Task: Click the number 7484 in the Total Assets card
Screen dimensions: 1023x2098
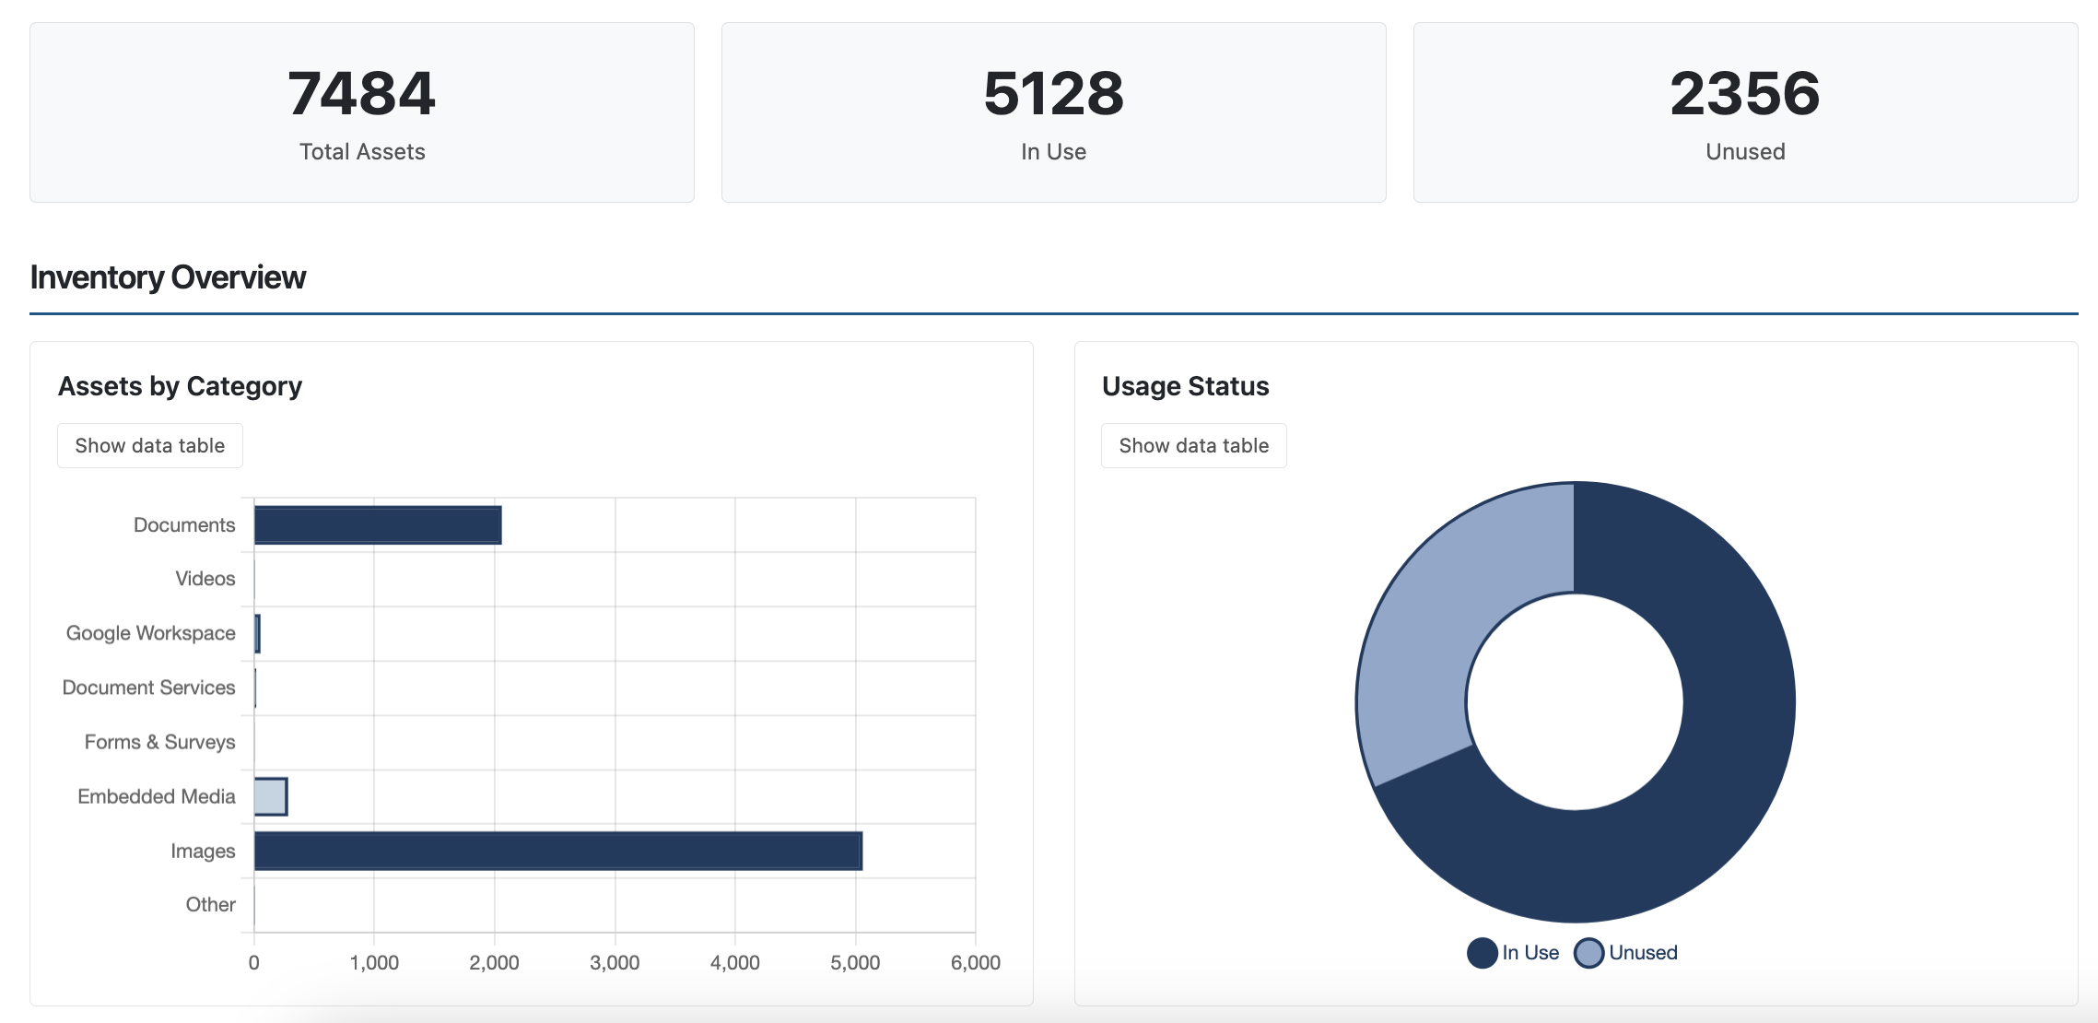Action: [x=361, y=94]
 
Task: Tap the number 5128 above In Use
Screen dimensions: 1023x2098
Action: [x=1053, y=94]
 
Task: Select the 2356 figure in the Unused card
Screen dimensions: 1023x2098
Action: [x=1744, y=94]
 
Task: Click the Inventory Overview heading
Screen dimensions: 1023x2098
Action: [x=168, y=277]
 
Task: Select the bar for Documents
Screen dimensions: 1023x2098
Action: [x=378, y=525]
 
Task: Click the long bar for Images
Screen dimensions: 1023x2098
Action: [x=557, y=851]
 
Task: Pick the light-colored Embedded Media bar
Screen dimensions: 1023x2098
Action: [x=271, y=796]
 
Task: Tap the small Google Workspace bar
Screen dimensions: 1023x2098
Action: [x=257, y=634]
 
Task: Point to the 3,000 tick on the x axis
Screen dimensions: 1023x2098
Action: [x=615, y=963]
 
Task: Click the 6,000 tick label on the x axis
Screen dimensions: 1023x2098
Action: [x=975, y=963]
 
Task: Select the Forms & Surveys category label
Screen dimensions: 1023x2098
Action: [x=159, y=742]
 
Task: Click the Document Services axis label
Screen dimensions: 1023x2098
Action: [x=148, y=688]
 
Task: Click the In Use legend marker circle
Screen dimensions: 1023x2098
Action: [x=1482, y=953]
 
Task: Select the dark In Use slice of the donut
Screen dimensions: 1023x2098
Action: [x=1705, y=783]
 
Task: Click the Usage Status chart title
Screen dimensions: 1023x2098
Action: [x=1185, y=386]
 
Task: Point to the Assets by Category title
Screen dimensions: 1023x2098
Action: [x=180, y=386]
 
